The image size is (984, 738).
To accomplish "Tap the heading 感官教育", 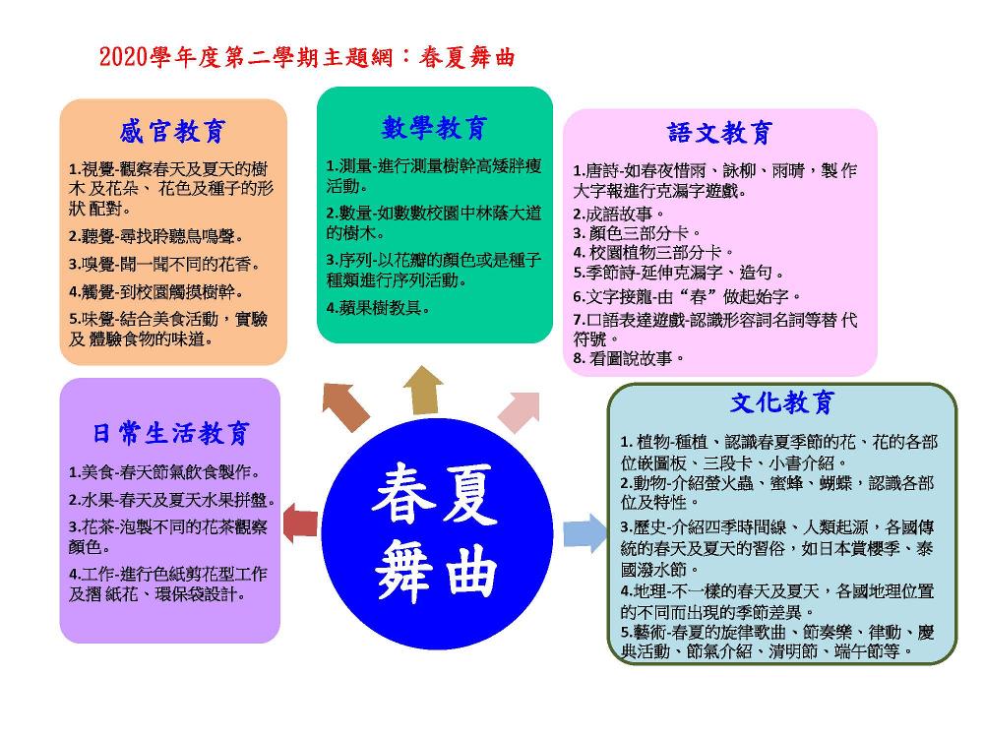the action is [172, 132].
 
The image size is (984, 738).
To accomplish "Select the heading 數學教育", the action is [434, 127].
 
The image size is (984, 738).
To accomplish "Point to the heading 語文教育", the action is [719, 133].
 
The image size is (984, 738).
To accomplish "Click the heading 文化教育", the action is [782, 402].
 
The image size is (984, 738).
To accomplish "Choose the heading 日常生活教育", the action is [171, 433].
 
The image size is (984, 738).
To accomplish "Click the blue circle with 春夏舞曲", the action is [437, 533].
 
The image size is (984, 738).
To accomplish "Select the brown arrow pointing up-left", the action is [345, 406].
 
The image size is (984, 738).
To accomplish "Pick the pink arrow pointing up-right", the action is [520, 411].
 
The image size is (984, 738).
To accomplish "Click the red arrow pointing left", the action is [300, 523].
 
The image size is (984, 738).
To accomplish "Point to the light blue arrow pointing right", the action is [584, 533].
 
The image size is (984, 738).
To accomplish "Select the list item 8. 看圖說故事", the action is [628, 358].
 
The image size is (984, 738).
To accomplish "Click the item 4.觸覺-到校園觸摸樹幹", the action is [156, 292].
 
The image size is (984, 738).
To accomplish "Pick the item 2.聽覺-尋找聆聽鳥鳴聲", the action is [156, 236].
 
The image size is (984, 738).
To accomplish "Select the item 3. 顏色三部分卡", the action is [637, 233].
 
